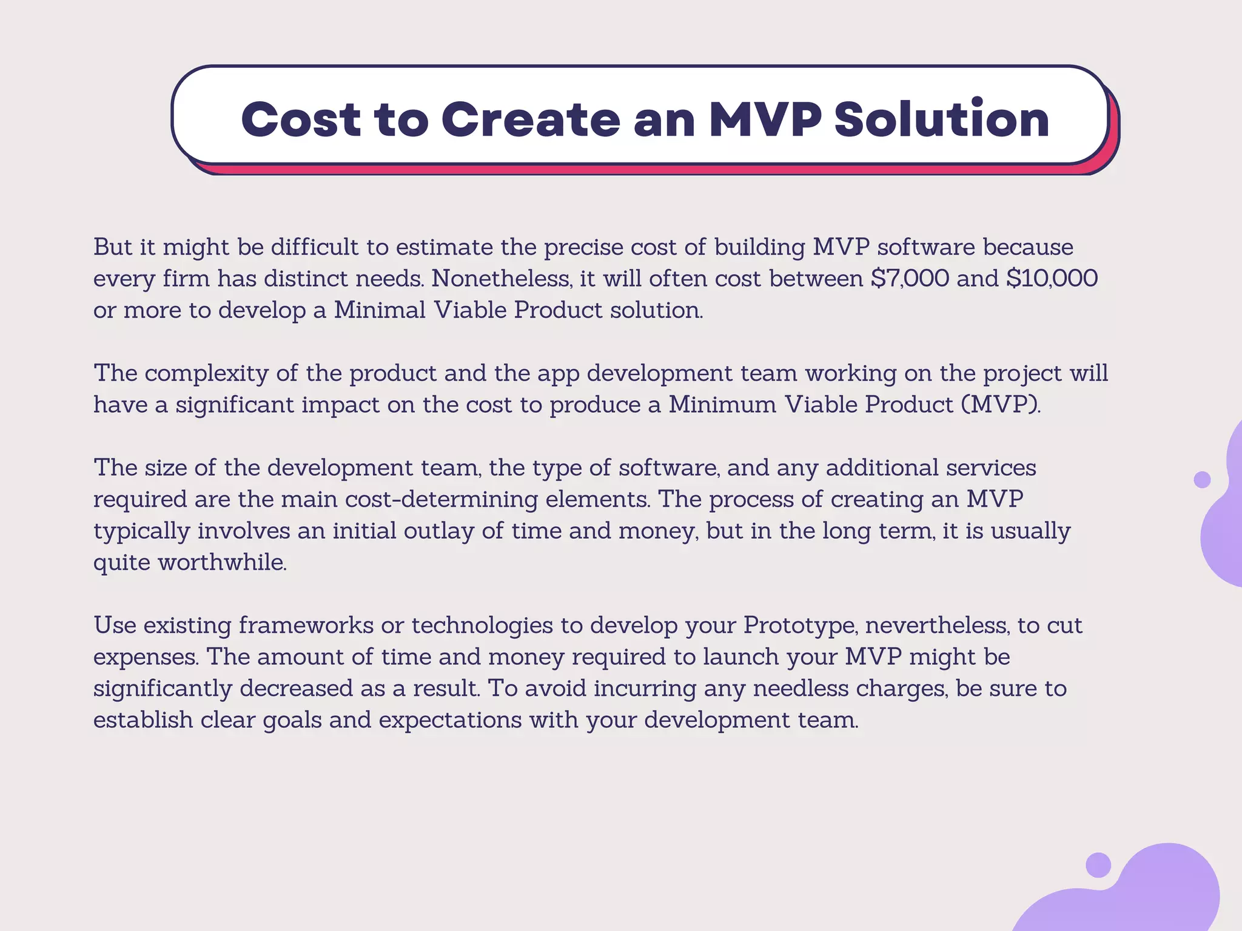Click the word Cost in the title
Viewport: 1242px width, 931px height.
point(301,119)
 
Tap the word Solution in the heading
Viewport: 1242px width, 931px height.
point(941,119)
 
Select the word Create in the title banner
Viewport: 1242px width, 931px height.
point(530,119)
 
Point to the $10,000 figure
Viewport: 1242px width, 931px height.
point(1052,279)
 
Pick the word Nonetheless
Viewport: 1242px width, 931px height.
point(501,279)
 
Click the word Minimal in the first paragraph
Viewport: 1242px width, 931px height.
point(380,310)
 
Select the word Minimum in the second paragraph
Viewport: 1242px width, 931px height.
point(722,405)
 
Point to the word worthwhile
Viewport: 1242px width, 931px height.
point(222,562)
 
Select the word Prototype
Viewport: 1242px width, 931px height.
point(800,626)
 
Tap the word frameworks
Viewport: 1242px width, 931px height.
point(306,626)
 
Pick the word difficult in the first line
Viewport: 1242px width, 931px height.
point(314,247)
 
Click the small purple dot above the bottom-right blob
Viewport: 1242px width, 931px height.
point(1098,865)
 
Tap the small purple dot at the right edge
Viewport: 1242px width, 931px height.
point(1201,479)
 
